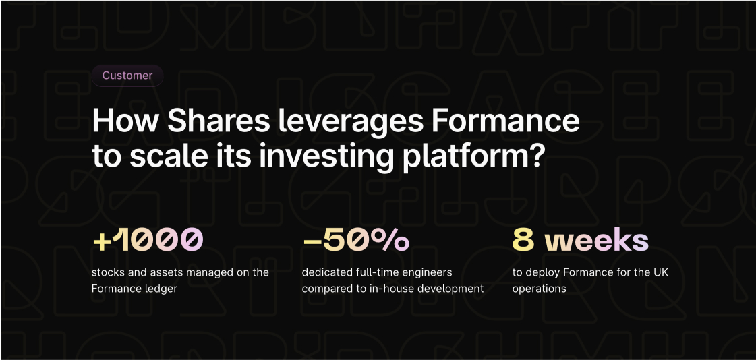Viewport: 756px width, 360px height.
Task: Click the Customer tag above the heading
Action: pos(127,76)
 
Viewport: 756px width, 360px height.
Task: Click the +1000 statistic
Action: pos(148,240)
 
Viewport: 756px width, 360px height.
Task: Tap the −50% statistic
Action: pos(355,240)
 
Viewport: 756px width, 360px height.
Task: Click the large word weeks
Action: pos(597,240)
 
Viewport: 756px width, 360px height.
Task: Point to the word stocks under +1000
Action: pos(108,272)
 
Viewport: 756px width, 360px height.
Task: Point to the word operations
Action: pos(539,289)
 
